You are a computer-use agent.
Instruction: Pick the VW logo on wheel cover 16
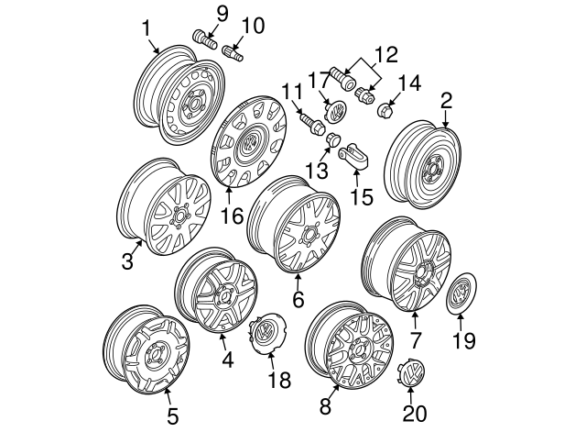pyautogui.click(x=246, y=144)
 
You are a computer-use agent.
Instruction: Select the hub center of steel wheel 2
pyautogui.click(x=429, y=171)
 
